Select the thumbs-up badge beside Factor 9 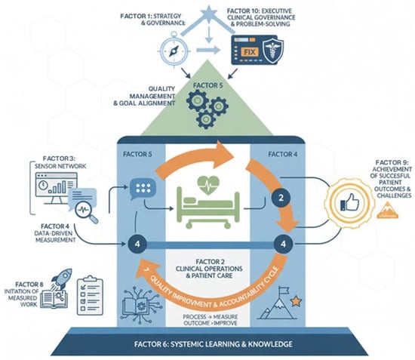(346, 202)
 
